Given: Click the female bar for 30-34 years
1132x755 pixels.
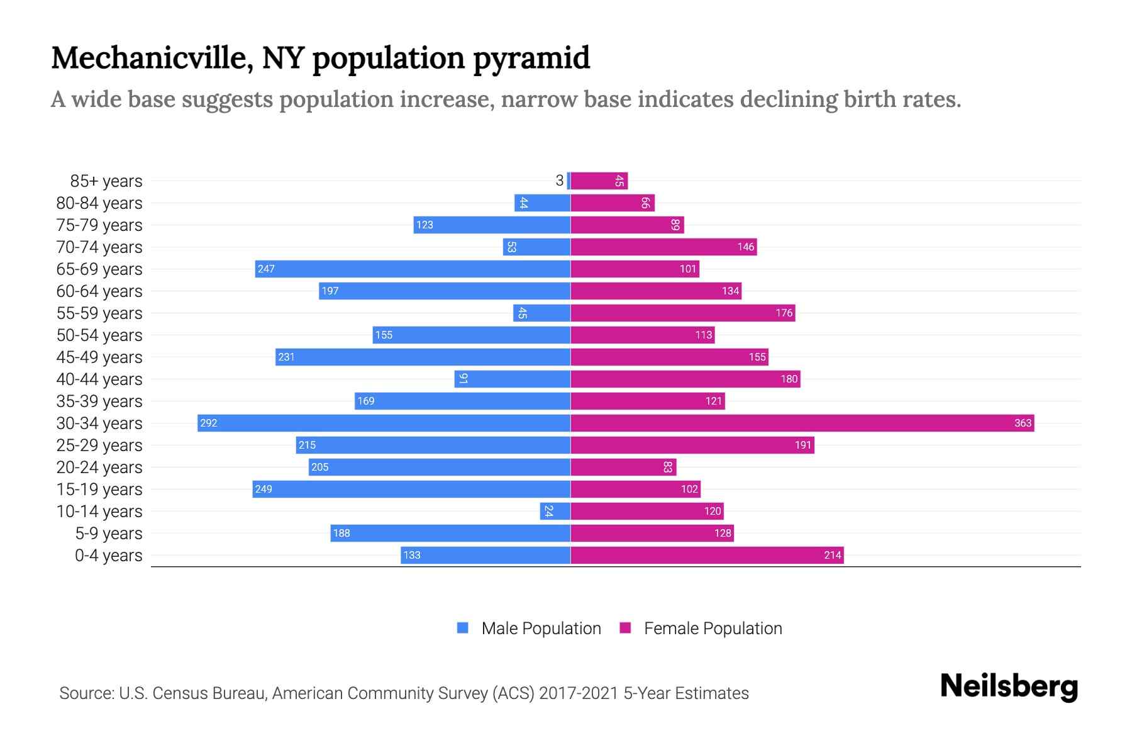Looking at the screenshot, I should pos(802,423).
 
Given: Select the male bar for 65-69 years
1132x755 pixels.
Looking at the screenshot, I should pos(413,269).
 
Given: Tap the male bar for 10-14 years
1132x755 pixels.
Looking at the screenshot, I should pos(555,511).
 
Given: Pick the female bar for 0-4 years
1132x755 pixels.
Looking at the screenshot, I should pos(707,555).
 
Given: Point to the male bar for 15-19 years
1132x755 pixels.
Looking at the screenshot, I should pos(411,489).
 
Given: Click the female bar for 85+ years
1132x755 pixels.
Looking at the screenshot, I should pos(599,181).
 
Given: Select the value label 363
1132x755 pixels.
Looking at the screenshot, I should pos(1023,423).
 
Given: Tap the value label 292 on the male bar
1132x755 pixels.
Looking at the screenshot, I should pos(209,423).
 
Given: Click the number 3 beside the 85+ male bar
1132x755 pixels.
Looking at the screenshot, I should pos(559,181).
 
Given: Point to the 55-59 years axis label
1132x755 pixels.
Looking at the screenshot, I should pos(99,313).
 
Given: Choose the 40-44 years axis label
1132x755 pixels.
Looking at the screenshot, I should pos(99,379).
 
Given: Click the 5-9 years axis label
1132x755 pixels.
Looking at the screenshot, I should pos(109,533).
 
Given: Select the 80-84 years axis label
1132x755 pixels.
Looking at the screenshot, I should pos(99,203).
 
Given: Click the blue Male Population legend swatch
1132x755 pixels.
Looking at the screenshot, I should pos(463,628).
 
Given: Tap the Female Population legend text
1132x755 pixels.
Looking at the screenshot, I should pos(713,628).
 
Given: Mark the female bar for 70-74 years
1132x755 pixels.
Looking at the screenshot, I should pos(663,247).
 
